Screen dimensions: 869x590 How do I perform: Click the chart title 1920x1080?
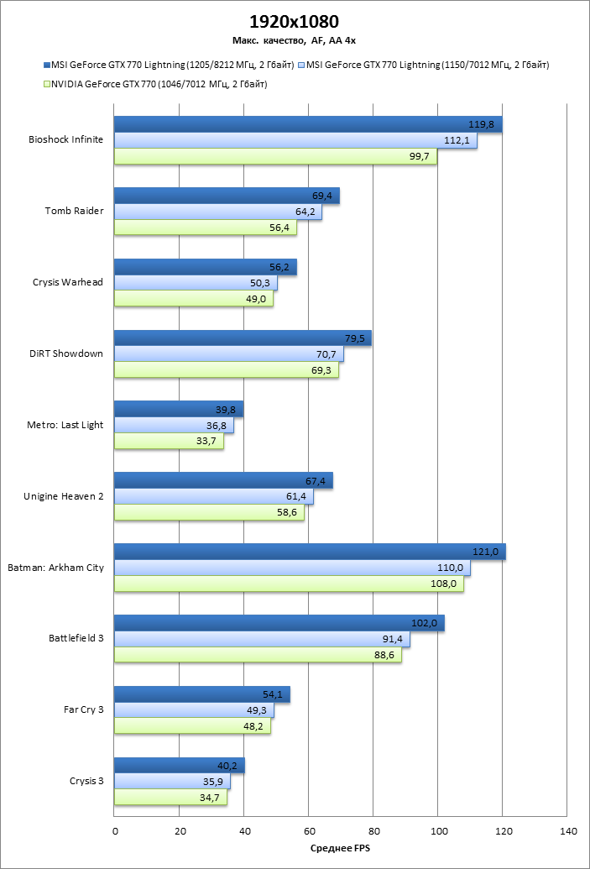pyautogui.click(x=295, y=21)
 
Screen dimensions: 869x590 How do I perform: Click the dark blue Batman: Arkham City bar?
pyautogui.click(x=310, y=552)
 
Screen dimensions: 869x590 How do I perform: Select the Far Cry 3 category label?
pyautogui.click(x=83, y=709)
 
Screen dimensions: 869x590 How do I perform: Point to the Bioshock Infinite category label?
pyautogui.click(x=65, y=139)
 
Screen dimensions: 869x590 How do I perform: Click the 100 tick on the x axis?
pyautogui.click(x=439, y=832)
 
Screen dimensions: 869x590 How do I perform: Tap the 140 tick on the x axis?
pyautogui.click(x=568, y=832)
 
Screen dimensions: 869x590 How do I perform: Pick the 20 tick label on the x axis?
pyautogui.click(x=180, y=832)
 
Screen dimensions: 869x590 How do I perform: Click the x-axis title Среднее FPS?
pyautogui.click(x=341, y=849)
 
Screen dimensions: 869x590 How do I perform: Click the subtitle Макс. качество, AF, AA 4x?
pyautogui.click(x=295, y=39)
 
